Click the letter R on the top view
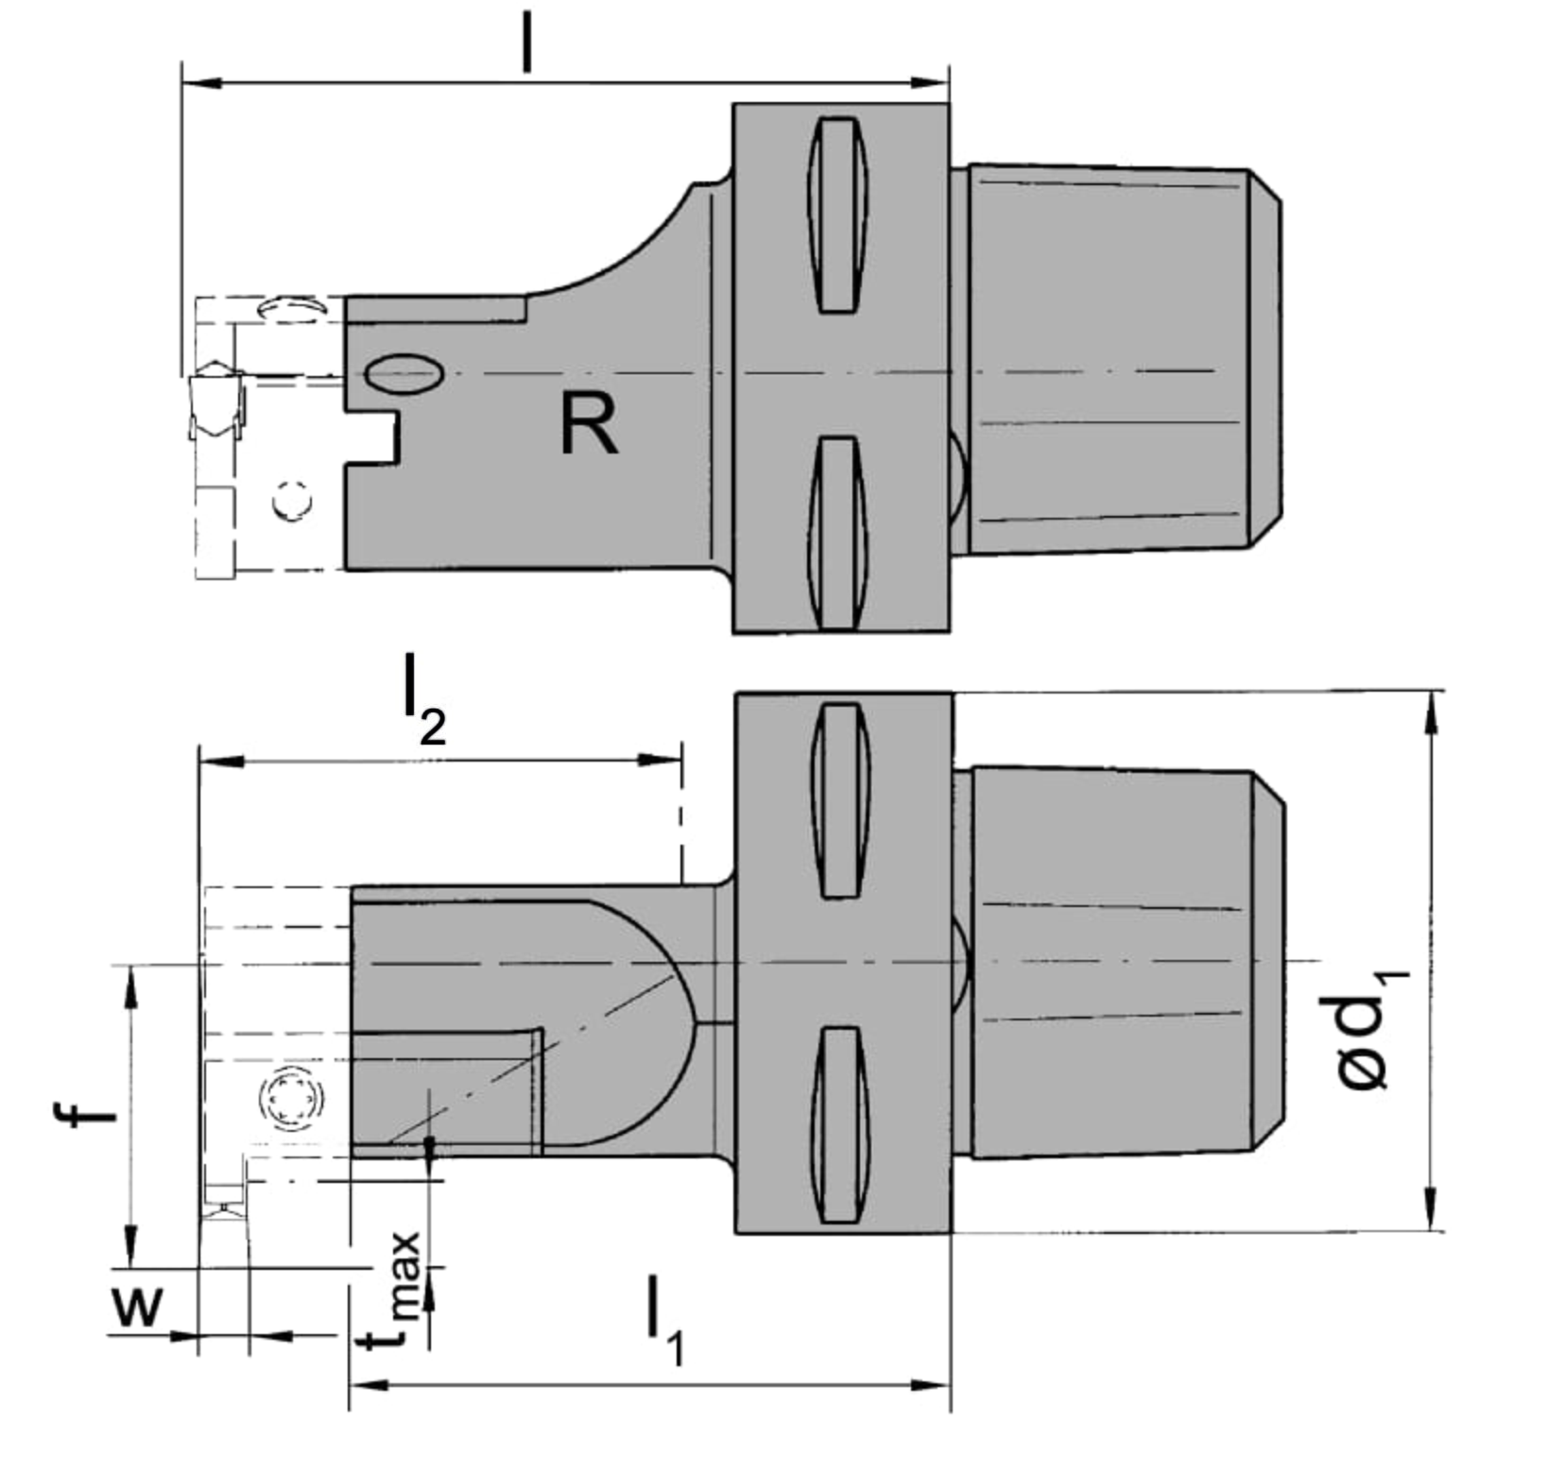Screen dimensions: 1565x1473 coord(589,424)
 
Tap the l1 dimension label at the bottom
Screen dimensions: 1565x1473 coord(664,1319)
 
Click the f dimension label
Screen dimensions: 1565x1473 coord(83,1114)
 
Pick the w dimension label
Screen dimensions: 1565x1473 coord(138,1308)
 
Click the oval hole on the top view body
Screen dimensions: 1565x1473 coord(404,373)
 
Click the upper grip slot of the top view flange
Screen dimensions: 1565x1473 coord(837,214)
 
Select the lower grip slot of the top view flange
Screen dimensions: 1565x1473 coord(837,532)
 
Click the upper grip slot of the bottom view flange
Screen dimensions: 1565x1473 coord(840,799)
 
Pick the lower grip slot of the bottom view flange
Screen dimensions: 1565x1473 coord(840,1123)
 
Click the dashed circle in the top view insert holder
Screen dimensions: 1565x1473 coord(293,500)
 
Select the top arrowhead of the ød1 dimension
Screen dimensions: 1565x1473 coord(1434,712)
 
